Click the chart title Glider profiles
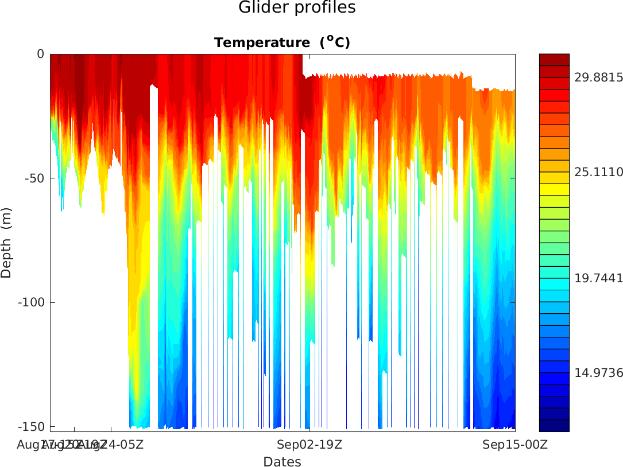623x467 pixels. click(x=297, y=8)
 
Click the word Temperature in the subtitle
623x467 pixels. click(x=253, y=43)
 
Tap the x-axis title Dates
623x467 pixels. click(x=282, y=462)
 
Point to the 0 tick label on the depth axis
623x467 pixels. click(x=40, y=54)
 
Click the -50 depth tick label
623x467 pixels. click(x=33, y=178)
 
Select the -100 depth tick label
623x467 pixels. click(x=30, y=302)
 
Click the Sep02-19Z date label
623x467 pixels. click(x=310, y=445)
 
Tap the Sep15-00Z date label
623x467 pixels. click(x=514, y=445)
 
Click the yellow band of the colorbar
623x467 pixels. click(x=554, y=190)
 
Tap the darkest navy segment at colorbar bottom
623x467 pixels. click(x=554, y=425)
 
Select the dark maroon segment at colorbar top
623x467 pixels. click(x=554, y=60)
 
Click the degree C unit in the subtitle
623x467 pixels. click(x=337, y=42)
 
